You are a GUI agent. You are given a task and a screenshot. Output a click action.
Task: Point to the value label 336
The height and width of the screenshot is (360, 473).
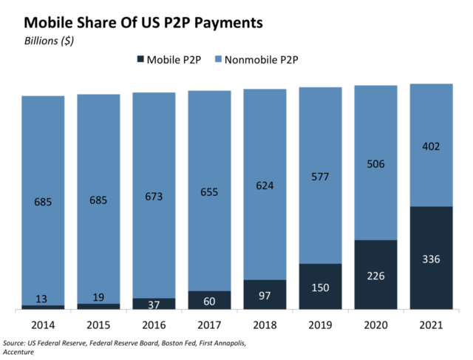coord(431,259)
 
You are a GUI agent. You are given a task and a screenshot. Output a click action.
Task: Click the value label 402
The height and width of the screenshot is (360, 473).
coord(431,146)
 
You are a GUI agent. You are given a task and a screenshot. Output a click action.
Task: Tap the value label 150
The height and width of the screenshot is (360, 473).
coord(320,287)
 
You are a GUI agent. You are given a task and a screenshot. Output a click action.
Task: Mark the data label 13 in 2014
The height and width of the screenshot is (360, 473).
coord(43,299)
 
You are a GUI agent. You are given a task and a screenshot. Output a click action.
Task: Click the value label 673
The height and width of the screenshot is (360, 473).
coord(154,196)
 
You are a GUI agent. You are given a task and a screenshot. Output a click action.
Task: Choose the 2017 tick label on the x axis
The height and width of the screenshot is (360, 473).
coord(209,324)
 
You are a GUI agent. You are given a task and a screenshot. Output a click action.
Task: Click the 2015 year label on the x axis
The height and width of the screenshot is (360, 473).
coord(98,324)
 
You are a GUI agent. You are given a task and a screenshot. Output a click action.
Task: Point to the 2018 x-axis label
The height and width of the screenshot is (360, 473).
coord(265,324)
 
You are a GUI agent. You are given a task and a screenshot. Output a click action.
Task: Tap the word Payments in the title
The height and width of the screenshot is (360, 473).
coord(224,22)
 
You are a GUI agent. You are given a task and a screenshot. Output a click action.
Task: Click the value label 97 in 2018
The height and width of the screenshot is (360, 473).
coord(265,295)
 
